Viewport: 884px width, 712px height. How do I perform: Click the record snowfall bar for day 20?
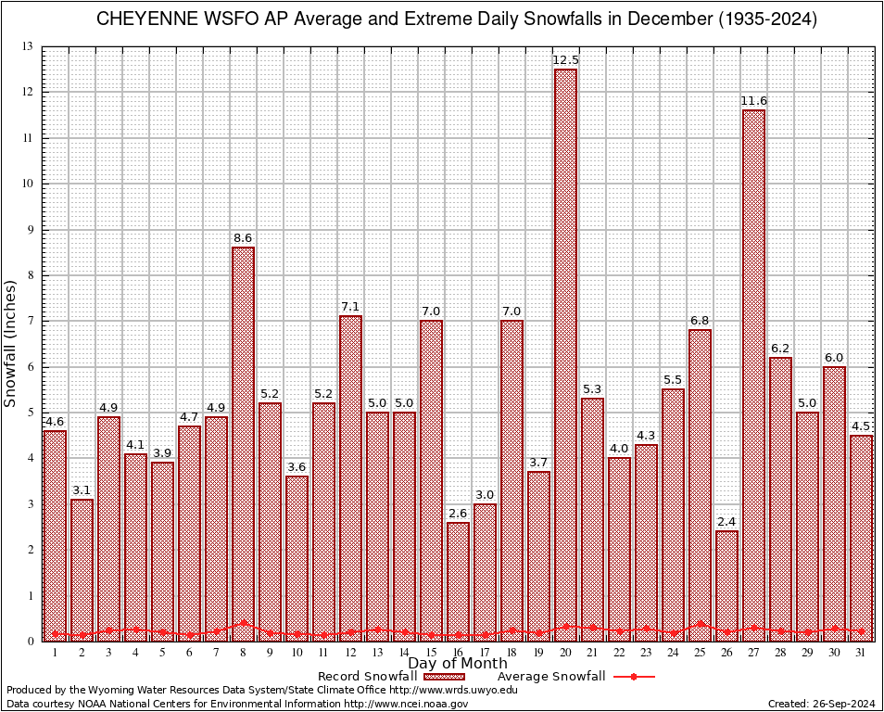(565, 352)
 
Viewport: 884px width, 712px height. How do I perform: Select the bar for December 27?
(753, 371)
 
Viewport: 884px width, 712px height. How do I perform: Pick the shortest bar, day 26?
(726, 584)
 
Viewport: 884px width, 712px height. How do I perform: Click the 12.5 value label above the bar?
(565, 60)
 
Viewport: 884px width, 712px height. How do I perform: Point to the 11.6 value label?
(753, 101)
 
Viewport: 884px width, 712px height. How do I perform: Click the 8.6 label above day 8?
(243, 238)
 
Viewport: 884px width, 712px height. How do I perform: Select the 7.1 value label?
(350, 307)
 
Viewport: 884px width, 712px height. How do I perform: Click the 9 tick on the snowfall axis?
(29, 230)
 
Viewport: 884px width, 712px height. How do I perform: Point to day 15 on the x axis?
(431, 653)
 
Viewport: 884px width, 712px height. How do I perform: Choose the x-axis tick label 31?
(861, 653)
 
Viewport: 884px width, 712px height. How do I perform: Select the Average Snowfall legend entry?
(551, 677)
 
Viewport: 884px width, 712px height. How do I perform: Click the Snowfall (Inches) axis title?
(10, 344)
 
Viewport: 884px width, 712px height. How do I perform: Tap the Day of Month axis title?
(457, 664)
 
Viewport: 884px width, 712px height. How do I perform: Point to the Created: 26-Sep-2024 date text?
(821, 704)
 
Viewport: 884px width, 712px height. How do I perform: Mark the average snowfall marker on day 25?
(700, 624)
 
